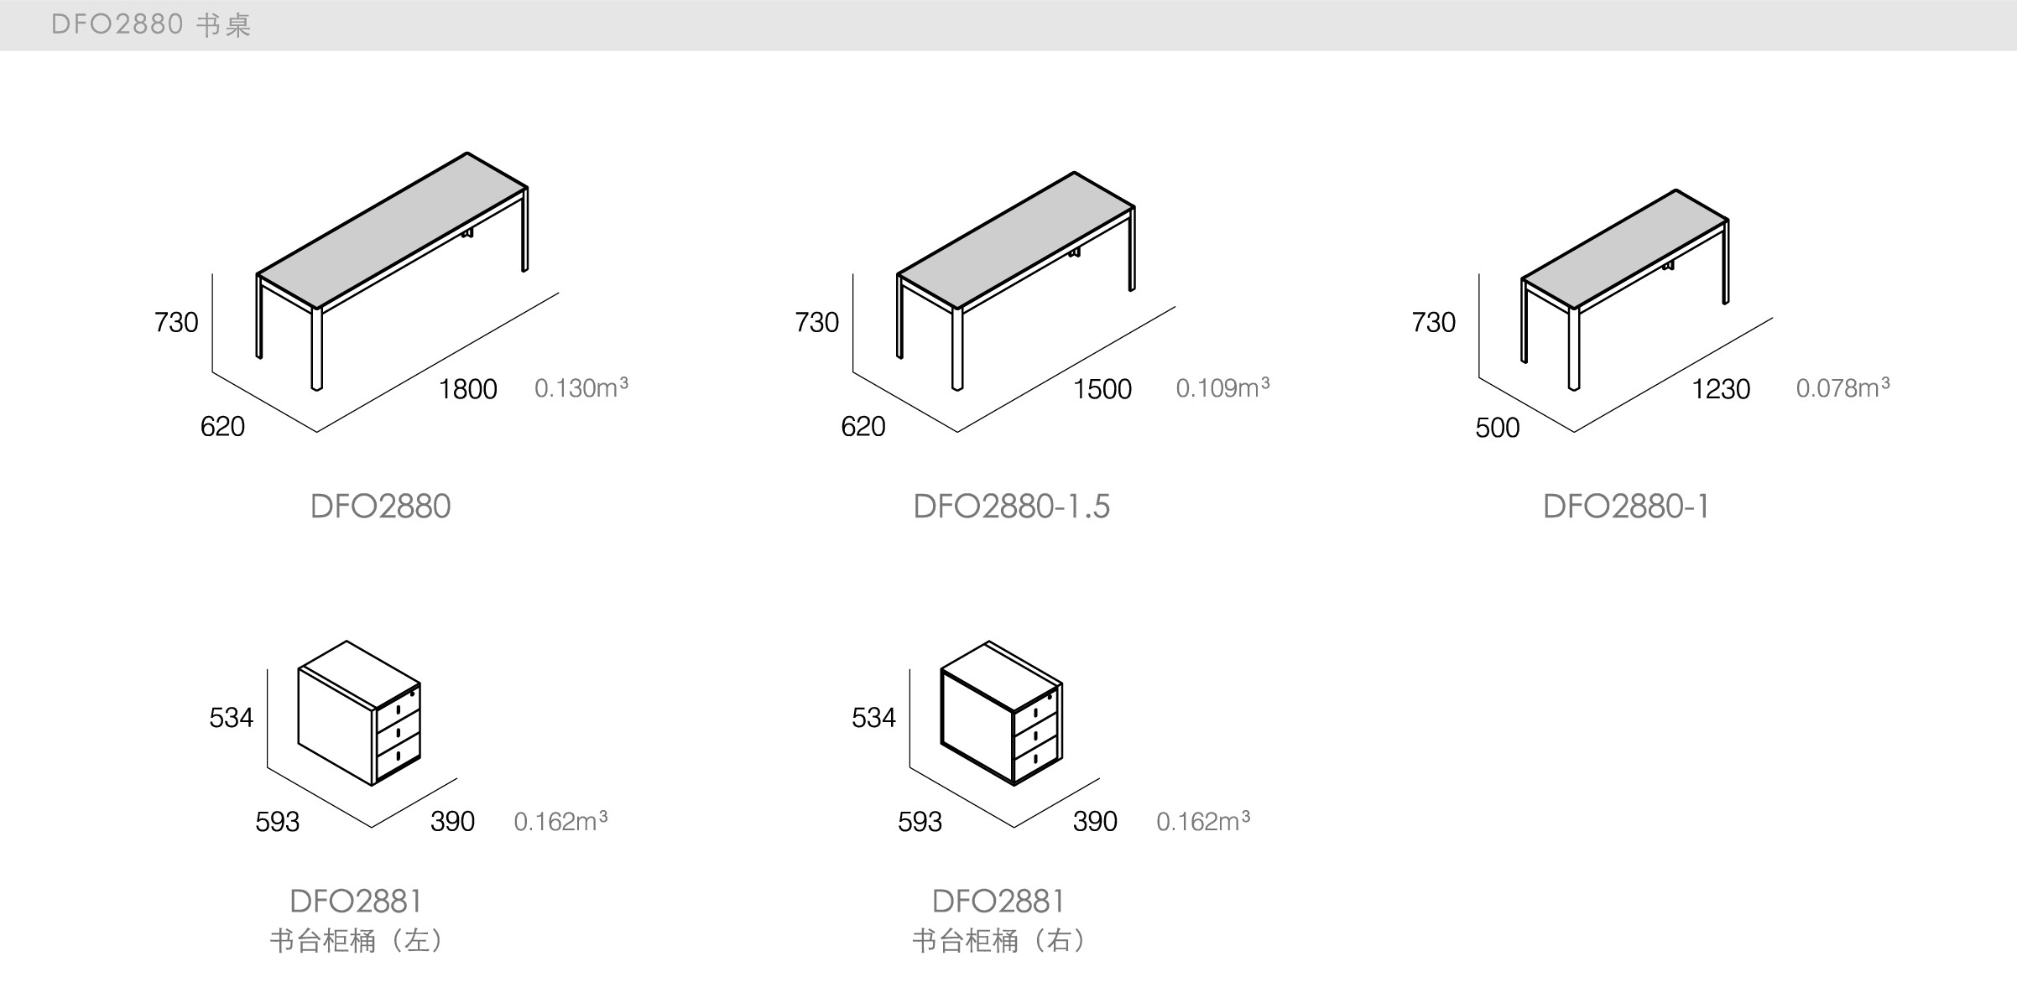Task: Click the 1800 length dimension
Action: tap(468, 389)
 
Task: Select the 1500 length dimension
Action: tap(1102, 389)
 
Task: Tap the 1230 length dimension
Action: tap(1721, 389)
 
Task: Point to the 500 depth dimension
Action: tap(1498, 428)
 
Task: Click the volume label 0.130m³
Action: tap(581, 388)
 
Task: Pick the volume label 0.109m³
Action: tap(1222, 388)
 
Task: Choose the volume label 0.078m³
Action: tap(1842, 388)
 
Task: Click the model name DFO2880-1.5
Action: tap(1011, 507)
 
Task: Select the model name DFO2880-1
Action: tap(1626, 507)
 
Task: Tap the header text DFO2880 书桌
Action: tap(151, 25)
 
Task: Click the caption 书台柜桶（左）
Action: tap(356, 941)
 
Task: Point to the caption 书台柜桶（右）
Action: tap(998, 941)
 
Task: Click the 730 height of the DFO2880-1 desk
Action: tap(1433, 322)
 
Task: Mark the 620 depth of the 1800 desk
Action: tap(222, 427)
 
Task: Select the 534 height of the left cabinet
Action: tap(231, 718)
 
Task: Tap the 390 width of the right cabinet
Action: tap(1095, 822)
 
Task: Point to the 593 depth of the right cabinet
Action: tap(920, 822)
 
